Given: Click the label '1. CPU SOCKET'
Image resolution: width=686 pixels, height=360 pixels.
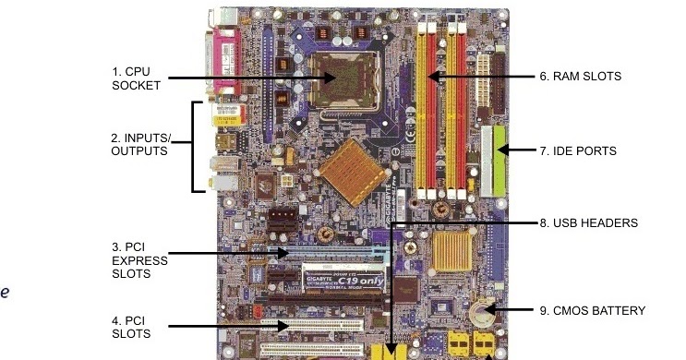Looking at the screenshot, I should (x=136, y=78).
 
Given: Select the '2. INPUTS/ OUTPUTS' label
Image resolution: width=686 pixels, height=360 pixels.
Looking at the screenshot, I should (x=139, y=144).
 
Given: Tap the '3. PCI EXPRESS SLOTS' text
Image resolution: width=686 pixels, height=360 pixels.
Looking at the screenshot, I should (x=139, y=260).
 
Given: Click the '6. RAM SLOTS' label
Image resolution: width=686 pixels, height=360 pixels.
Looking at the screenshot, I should (x=580, y=77).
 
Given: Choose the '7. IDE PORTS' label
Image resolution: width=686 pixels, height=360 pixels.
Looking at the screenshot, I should (x=577, y=150).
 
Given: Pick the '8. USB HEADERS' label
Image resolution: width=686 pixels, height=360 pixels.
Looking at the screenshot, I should (x=588, y=222).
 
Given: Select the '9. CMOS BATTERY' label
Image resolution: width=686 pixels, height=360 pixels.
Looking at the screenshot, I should (x=592, y=310).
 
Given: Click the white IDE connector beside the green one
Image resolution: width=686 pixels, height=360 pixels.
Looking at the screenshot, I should (x=486, y=162).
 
